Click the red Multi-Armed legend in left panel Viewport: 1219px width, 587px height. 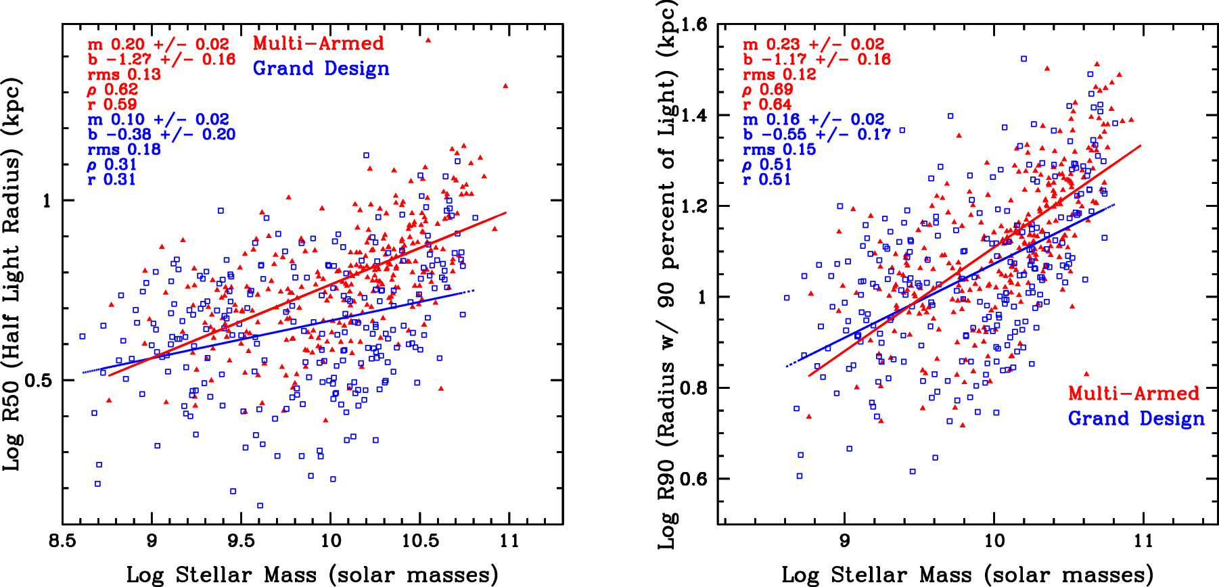318,43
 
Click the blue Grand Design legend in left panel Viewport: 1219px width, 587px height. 321,68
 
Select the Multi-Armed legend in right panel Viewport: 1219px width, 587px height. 1133,394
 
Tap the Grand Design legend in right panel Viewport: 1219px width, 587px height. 1136,419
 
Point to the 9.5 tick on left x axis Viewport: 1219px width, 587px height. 241,541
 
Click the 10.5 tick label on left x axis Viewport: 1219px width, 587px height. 420,541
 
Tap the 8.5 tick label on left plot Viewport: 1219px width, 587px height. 62,541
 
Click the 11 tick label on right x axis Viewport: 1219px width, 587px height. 1143,541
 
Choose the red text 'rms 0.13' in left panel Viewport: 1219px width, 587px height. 124,74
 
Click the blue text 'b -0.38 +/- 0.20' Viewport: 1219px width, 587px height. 161,135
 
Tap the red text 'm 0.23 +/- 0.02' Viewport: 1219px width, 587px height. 813,45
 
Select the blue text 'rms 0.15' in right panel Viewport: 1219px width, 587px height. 779,149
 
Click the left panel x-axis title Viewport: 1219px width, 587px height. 312,575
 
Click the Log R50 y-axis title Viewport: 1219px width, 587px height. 13,274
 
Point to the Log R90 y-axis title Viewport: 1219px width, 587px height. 667,274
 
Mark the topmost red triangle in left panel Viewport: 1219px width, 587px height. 428,40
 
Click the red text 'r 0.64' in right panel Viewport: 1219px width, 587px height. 766,104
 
